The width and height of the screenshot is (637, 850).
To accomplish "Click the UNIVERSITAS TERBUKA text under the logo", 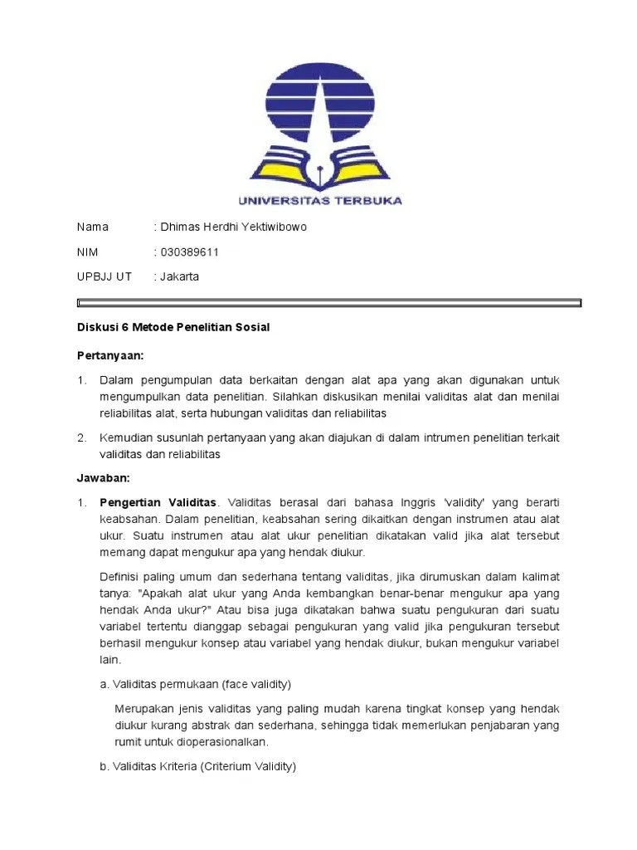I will (319, 200).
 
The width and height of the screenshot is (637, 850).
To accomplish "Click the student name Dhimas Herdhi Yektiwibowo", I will (223, 227).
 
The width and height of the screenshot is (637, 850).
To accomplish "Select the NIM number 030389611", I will (189, 252).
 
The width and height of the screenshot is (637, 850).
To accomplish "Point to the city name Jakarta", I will (179, 276).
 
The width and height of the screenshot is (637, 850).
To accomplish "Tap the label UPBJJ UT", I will (104, 276).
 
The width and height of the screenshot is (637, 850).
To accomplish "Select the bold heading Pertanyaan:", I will (110, 355).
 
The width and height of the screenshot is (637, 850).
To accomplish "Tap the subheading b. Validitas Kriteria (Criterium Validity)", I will (197, 766).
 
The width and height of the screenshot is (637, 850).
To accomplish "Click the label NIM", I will (88, 252).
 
